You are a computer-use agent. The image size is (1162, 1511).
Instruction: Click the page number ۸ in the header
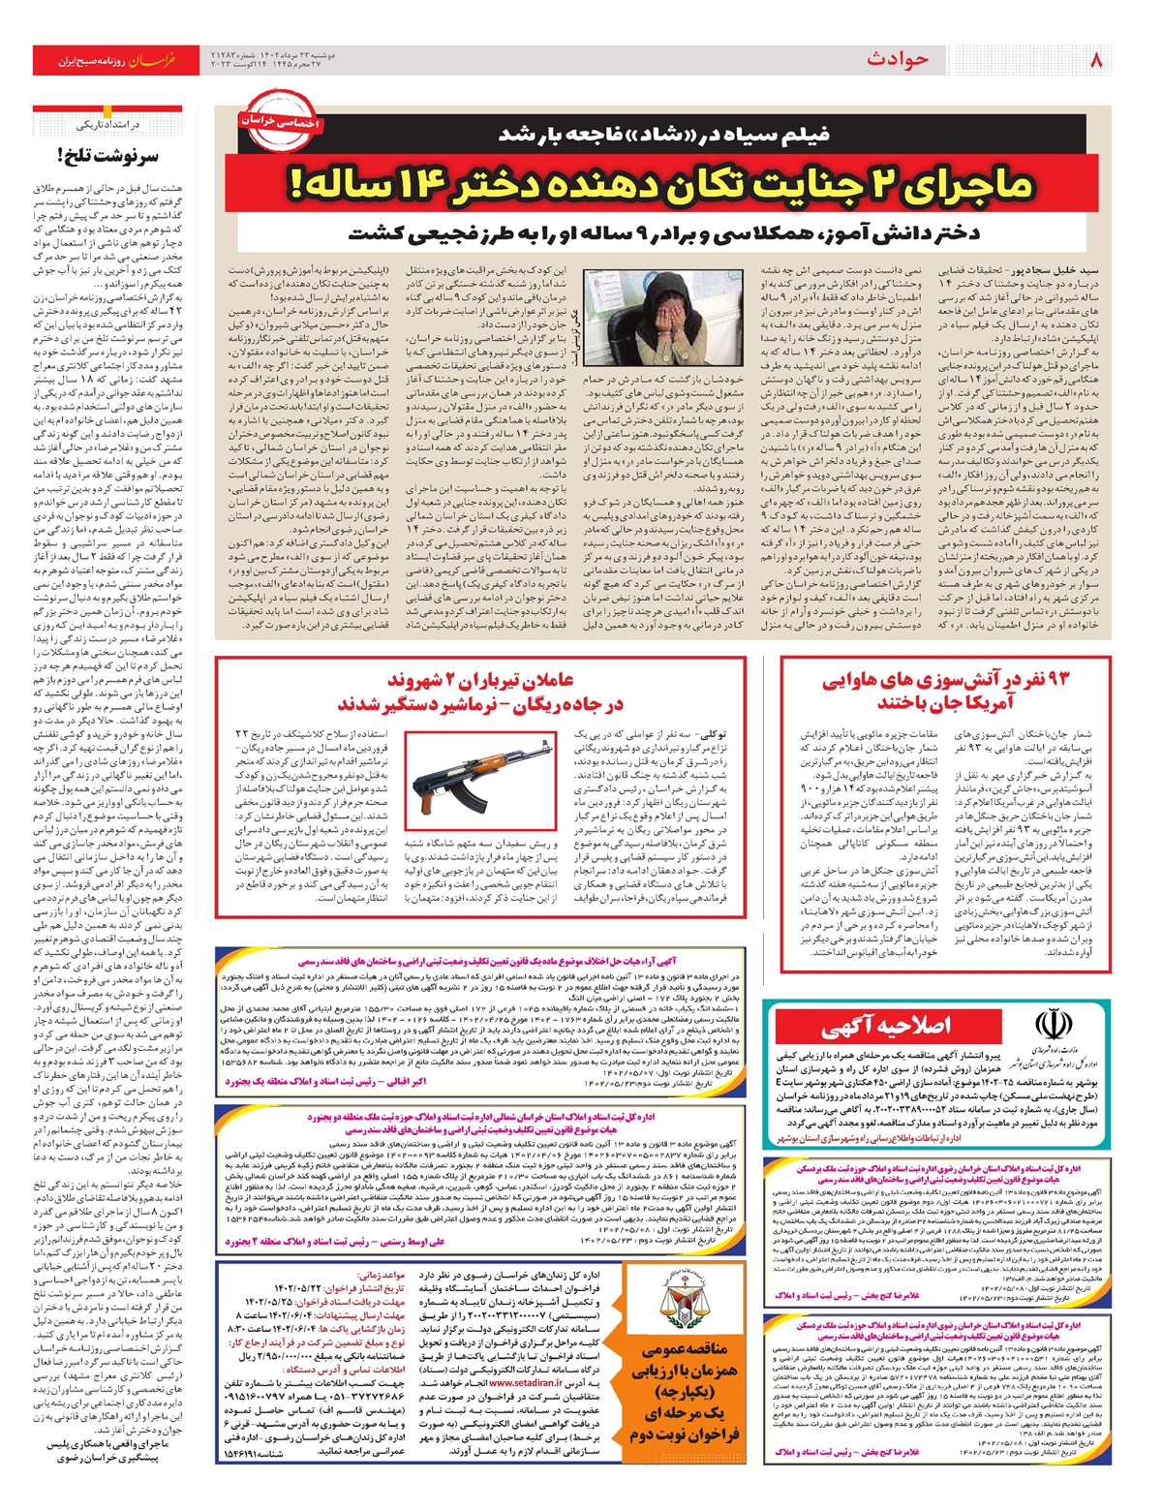[x=1096, y=60]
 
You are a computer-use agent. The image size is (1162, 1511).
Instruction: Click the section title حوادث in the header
[x=898, y=60]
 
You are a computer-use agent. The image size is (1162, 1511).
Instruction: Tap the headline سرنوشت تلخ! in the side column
[x=108, y=155]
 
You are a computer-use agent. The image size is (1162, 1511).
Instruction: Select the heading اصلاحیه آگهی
[x=886, y=1027]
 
